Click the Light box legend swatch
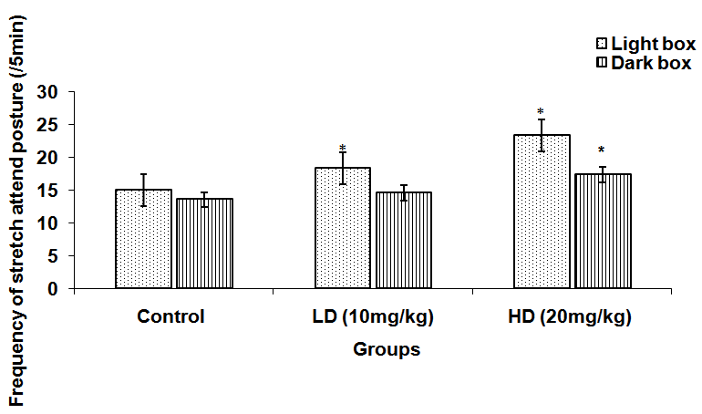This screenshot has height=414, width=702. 603,44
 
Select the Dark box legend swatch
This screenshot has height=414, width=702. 603,63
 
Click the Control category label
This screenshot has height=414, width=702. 170,317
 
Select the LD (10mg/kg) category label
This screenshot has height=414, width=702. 370,317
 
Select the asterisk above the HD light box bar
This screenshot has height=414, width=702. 540,112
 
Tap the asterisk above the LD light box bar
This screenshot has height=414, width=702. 343,149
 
